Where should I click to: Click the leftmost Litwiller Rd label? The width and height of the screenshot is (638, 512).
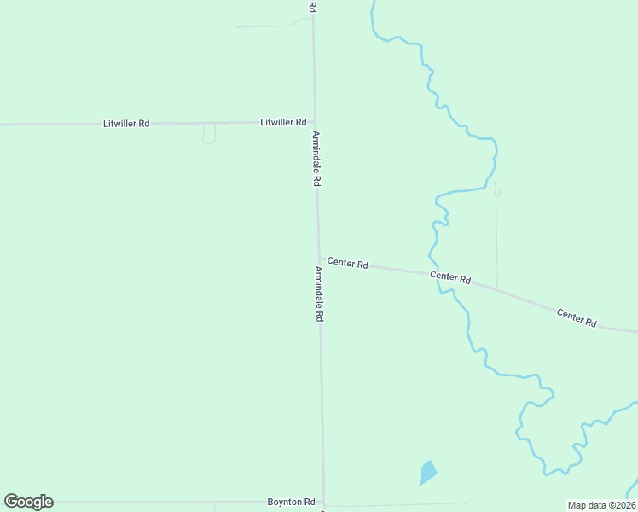126,124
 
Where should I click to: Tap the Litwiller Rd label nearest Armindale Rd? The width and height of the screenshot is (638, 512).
283,123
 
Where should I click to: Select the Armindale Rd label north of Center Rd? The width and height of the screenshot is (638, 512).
316,159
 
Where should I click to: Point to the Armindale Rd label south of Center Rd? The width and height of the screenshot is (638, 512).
319,294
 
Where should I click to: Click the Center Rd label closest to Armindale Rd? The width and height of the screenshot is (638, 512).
347,264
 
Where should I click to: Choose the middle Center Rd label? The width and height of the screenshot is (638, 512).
450,277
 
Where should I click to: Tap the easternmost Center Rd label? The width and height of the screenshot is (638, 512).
577,317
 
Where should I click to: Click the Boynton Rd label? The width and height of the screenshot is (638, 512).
292,502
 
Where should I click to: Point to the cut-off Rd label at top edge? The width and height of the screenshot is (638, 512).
313,6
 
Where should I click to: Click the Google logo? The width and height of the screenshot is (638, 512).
28,502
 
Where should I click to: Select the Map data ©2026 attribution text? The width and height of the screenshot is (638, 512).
601,505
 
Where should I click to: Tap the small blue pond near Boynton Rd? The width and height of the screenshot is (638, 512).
428,472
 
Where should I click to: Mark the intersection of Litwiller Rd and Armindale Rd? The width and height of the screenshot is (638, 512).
315,123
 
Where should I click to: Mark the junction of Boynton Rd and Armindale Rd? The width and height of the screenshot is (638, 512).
323,503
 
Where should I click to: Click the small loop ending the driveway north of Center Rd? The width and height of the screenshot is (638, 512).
497,192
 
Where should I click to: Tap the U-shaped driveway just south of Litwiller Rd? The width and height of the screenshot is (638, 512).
209,135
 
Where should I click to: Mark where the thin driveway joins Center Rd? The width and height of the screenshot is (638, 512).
496,288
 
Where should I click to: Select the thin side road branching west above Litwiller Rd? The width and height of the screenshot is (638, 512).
264,26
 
